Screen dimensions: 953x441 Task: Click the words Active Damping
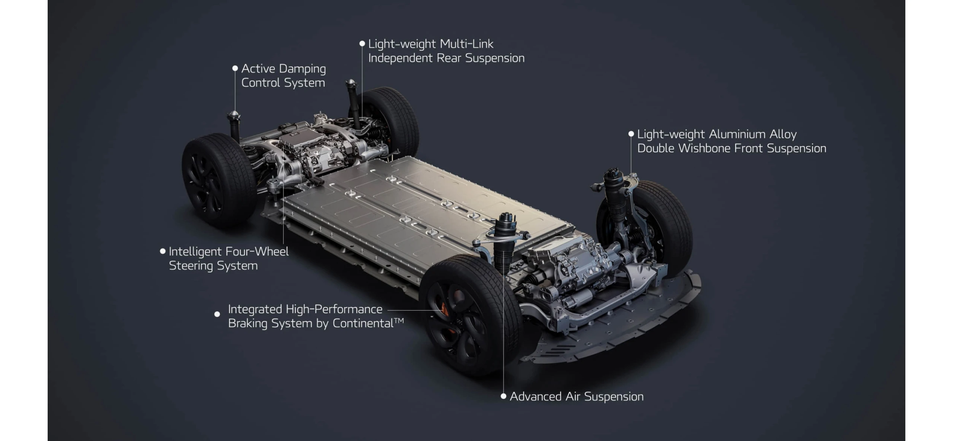(x=284, y=69)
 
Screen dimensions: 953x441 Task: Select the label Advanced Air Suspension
(x=577, y=396)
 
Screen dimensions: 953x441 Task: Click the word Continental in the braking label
(x=363, y=323)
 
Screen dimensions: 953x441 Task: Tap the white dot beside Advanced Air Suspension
(x=503, y=396)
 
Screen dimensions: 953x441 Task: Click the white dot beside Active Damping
(x=235, y=68)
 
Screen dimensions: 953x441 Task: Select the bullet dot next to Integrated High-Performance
(x=217, y=314)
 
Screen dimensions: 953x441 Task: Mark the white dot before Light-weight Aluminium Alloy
(x=631, y=134)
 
